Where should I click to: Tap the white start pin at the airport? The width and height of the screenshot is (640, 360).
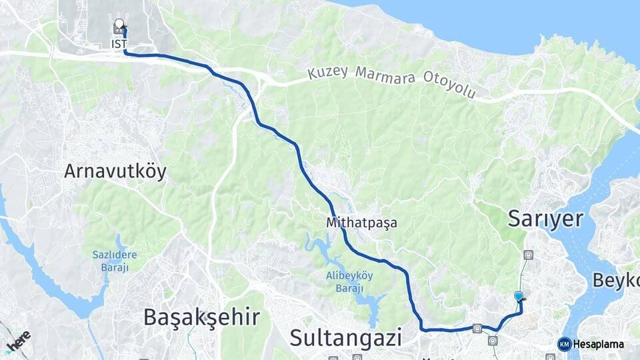[x=119, y=25]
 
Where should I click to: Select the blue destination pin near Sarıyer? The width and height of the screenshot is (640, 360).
[x=519, y=297]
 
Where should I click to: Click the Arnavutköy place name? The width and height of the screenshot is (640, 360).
[x=115, y=171]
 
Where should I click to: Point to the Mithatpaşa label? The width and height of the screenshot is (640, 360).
[x=362, y=223]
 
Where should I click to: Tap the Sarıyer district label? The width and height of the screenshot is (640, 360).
[x=545, y=219]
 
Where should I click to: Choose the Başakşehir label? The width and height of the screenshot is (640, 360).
[x=201, y=317]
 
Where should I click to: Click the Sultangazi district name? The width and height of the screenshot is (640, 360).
[x=346, y=337]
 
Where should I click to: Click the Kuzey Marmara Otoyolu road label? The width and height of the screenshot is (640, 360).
[x=392, y=82]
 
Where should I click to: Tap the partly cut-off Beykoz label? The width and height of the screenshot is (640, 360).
[x=616, y=280]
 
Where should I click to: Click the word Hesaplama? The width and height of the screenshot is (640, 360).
[x=599, y=344]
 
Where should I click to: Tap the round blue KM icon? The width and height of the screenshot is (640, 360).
[x=565, y=344]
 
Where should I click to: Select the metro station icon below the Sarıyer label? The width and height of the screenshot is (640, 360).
[x=529, y=254]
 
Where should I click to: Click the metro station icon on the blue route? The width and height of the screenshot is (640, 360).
[x=477, y=328]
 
